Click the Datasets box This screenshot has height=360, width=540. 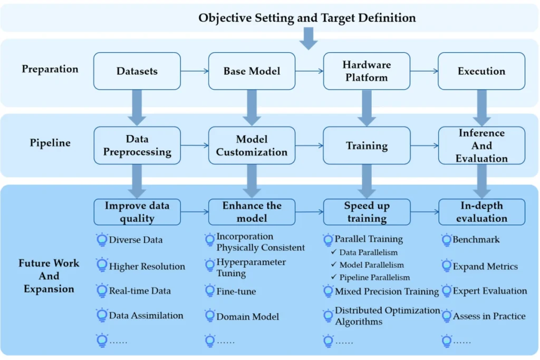(137, 71)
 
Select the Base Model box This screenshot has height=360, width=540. (252, 71)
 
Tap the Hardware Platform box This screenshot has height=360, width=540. (367, 71)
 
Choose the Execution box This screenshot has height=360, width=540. (481, 71)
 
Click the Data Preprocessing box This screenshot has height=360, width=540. (137, 145)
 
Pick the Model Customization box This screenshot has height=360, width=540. (252, 145)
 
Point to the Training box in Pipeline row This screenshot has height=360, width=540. (367, 145)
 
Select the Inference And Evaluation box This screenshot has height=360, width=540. (481, 145)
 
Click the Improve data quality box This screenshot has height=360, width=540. (137, 212)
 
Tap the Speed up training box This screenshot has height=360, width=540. (367, 212)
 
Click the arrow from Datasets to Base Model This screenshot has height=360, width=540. (194, 71)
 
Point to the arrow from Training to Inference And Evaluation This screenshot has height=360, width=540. (424, 145)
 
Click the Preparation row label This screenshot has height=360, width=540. (50, 69)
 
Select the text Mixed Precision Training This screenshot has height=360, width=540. (387, 291)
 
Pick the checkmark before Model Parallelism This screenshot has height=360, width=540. (333, 265)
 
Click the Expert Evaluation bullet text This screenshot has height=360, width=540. (489, 291)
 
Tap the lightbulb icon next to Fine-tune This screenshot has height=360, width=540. (210, 291)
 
